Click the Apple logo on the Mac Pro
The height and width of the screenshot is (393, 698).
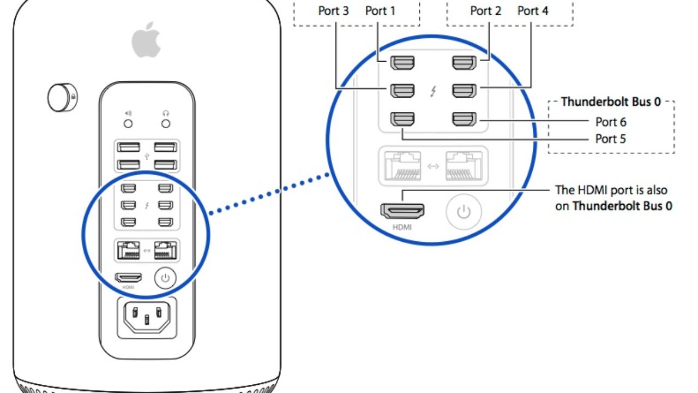(x=147, y=41)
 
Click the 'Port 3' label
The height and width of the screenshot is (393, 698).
(x=333, y=10)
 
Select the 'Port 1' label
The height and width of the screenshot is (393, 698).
(x=380, y=10)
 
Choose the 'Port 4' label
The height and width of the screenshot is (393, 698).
(x=533, y=10)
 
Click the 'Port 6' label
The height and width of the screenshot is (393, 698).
(x=610, y=122)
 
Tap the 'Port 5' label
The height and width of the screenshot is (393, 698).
(x=610, y=139)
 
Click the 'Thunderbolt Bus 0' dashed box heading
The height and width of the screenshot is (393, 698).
(x=611, y=102)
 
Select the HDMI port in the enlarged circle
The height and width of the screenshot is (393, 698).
(x=403, y=210)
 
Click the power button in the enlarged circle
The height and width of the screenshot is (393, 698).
(x=464, y=212)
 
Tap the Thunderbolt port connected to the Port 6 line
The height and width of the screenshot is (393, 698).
(x=465, y=118)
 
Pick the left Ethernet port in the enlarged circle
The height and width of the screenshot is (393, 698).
(x=403, y=165)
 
